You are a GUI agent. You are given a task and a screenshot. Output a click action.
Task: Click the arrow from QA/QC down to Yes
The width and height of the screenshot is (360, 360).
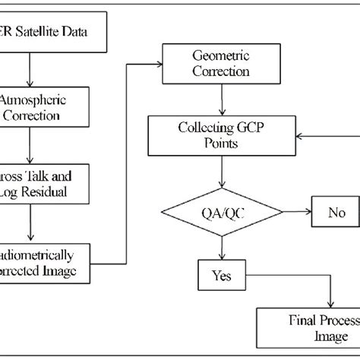click(221, 249)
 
